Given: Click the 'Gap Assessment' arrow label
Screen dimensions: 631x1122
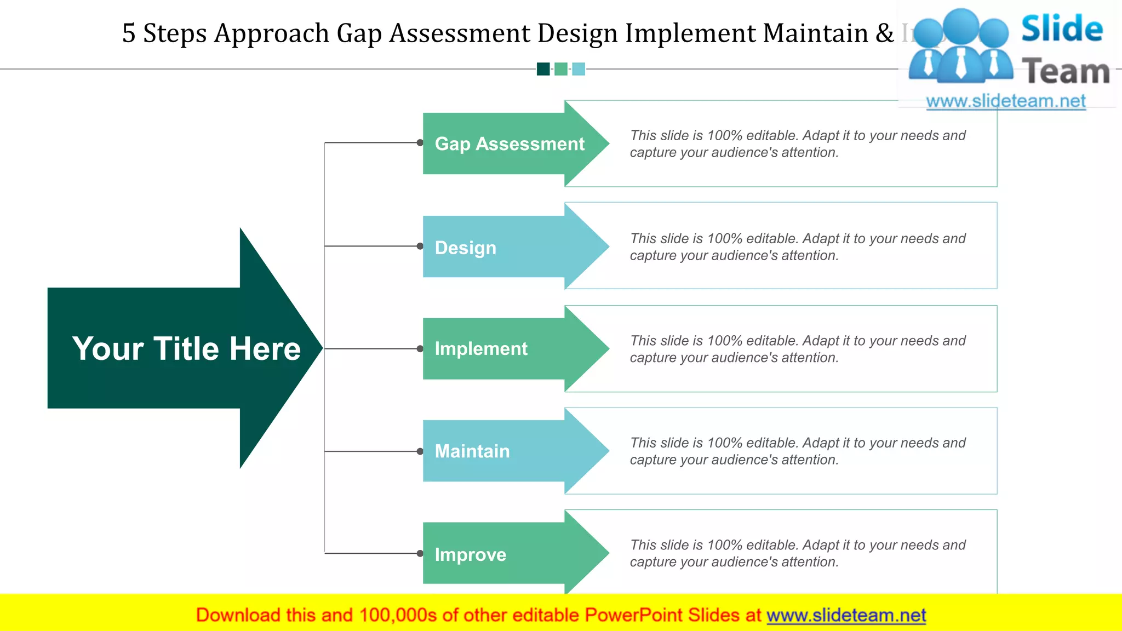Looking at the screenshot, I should pos(510,144).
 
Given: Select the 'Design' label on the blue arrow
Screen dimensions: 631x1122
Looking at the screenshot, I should pos(466,248).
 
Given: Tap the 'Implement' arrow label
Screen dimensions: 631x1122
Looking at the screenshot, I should pos(481,349).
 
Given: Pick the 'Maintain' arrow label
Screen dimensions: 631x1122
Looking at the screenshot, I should pos(472,451).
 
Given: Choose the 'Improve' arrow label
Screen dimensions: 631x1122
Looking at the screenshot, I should pos(470,554).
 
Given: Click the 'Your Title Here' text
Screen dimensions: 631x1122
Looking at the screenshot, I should pos(186,348).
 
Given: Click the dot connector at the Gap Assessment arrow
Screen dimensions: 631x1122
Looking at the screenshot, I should pos(420,143).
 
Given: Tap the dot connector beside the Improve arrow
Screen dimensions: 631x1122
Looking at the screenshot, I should pos(420,553).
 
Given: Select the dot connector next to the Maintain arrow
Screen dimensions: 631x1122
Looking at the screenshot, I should pos(420,451).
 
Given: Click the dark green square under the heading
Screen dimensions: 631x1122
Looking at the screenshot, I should pos(543,69).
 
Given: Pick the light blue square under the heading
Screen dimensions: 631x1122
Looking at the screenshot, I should pos(579,69).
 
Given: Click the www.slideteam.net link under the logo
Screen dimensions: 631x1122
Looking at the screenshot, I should pos(1006,101).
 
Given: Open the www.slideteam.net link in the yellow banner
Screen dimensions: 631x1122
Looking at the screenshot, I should pos(846,615).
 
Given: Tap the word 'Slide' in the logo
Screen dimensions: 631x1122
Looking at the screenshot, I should pos(1062,28).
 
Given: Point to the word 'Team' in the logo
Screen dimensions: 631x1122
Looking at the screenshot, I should pos(1066,72).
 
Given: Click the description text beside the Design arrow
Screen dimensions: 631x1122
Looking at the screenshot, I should pos(797,247).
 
